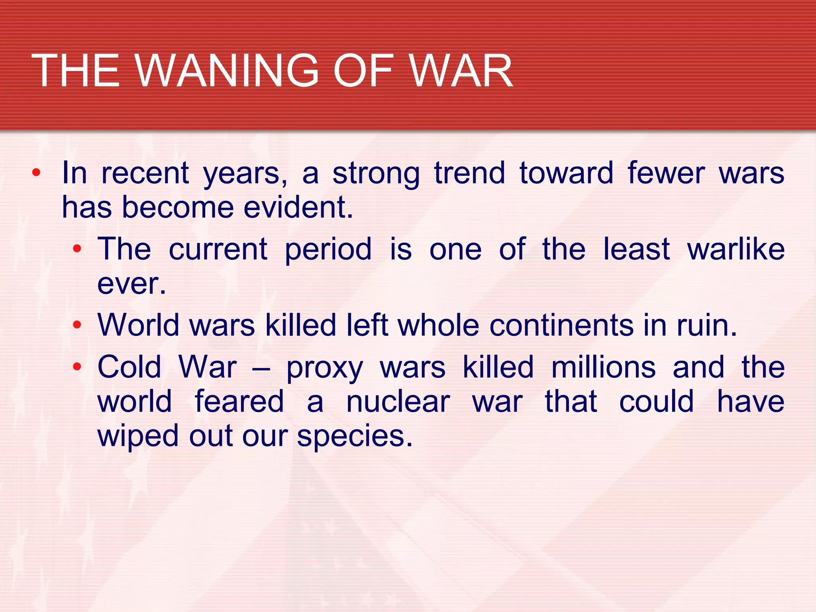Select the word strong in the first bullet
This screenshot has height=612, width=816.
coord(376,174)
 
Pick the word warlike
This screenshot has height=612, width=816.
coord(736,249)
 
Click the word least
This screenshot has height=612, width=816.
coord(636,249)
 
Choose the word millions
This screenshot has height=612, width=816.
coord(603,367)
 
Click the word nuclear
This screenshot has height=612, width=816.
coord(398,402)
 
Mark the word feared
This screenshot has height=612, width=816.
coord(239,402)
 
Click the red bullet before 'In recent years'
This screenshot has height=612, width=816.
coord(36,173)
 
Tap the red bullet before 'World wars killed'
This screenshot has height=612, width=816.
coord(77,325)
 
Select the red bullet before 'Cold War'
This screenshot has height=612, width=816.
coord(77,367)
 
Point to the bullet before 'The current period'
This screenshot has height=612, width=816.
coord(77,249)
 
